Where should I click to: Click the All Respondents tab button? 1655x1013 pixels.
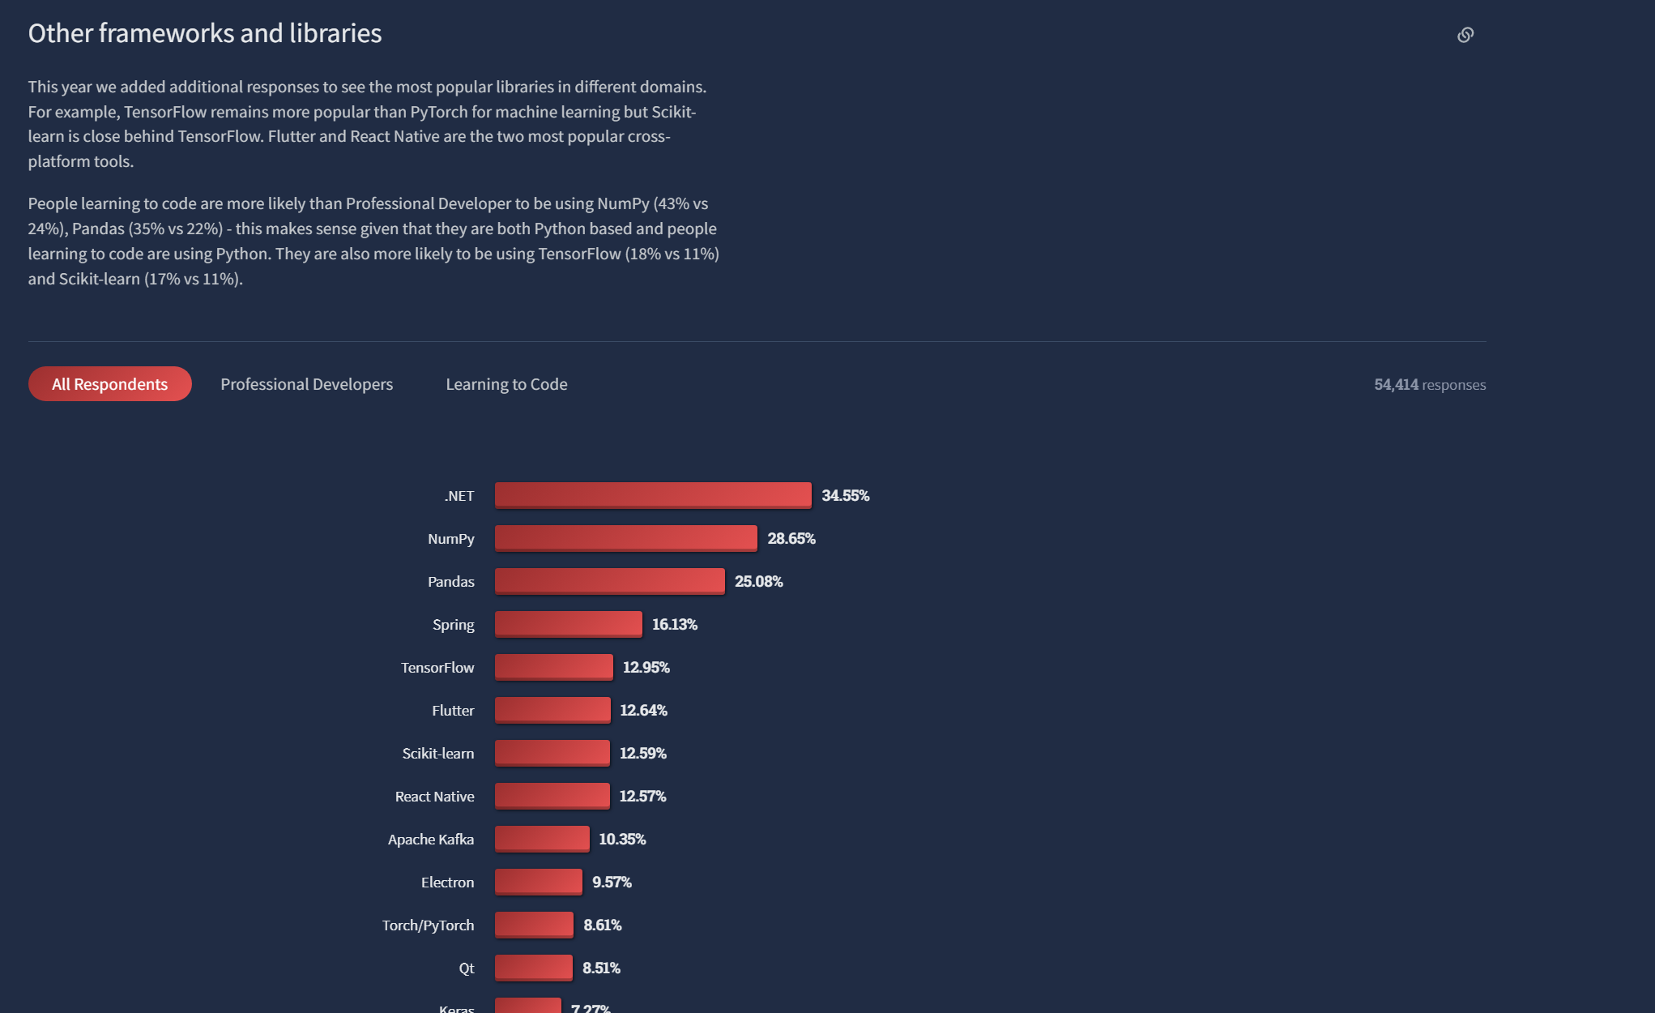click(109, 384)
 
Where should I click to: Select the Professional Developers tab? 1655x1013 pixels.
click(306, 384)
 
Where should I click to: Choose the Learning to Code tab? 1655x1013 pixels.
click(506, 384)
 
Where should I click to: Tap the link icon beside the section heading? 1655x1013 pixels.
click(1465, 35)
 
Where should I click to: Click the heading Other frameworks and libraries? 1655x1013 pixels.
click(204, 33)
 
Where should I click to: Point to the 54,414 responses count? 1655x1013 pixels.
click(1429, 385)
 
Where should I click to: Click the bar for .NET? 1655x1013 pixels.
click(652, 495)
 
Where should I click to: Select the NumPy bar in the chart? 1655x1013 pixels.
click(625, 538)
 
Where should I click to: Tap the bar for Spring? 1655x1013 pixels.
click(568, 624)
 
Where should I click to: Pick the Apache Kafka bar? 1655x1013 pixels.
click(542, 839)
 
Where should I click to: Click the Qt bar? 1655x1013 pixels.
click(533, 968)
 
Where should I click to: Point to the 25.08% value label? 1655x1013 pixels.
click(758, 582)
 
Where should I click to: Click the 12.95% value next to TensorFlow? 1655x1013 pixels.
click(646, 668)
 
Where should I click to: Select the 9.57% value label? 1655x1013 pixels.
click(612, 883)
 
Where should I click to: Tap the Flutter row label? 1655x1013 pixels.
click(453, 711)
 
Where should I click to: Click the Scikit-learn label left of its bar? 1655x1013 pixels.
click(437, 754)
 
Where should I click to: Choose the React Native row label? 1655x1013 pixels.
click(434, 797)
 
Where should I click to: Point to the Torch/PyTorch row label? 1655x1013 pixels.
click(428, 925)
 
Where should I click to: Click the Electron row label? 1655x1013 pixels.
click(447, 883)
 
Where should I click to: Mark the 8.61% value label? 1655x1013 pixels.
click(602, 925)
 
